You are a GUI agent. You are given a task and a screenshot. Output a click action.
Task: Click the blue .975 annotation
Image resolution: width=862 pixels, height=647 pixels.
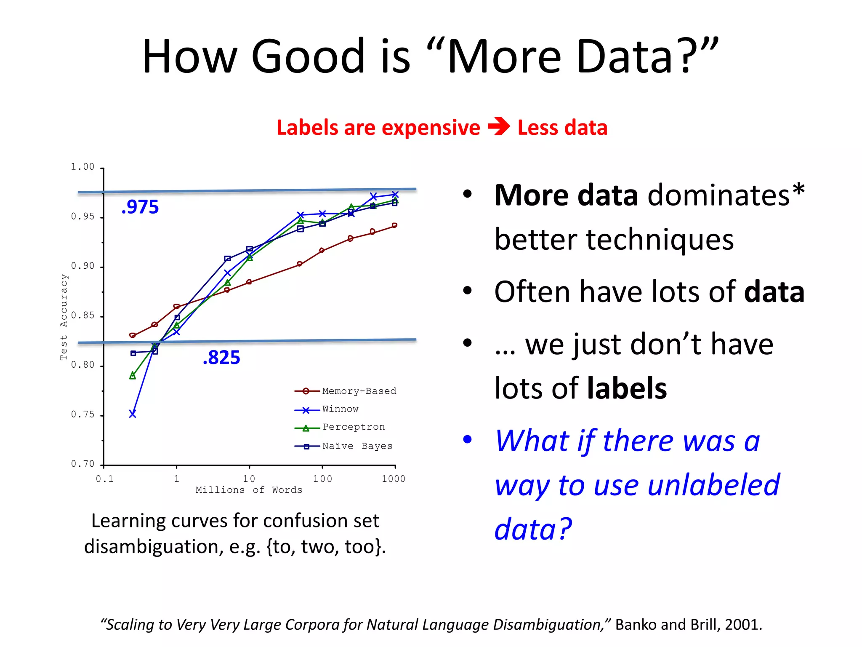point(140,207)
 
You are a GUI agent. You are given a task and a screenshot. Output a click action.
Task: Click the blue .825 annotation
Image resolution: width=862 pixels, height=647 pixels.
point(221,357)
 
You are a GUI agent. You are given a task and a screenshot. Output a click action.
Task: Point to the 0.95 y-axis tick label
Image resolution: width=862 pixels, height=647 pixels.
point(82,217)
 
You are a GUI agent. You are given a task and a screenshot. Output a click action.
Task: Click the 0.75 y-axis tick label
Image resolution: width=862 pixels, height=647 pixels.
point(82,414)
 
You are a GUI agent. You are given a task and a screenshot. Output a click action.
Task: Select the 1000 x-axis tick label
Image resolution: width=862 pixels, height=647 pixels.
point(393,479)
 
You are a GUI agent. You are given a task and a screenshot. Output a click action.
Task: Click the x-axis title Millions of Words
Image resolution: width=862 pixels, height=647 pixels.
point(249,490)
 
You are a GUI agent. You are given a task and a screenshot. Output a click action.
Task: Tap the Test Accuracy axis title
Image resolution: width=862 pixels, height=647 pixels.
point(64,317)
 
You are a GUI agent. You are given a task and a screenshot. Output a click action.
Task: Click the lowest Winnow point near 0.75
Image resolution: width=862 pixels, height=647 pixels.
point(133,414)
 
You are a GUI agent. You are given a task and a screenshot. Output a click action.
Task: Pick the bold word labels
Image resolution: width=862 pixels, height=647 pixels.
point(627,388)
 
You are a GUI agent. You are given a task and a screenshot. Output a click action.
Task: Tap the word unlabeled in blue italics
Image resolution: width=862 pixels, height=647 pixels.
point(713,485)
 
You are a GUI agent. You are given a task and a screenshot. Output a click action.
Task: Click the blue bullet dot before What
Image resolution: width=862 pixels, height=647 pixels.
point(467,440)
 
